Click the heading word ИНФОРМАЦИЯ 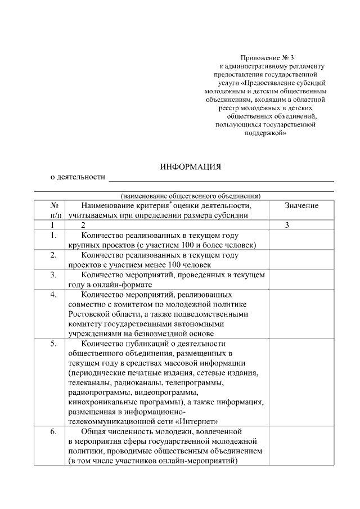coord(191,167)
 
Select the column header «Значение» coord(301,206)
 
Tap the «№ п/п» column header coord(55,210)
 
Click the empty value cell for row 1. coord(301,240)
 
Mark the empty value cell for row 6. coord(301,445)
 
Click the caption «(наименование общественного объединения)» coord(191,196)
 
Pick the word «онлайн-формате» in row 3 coord(117,285)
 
